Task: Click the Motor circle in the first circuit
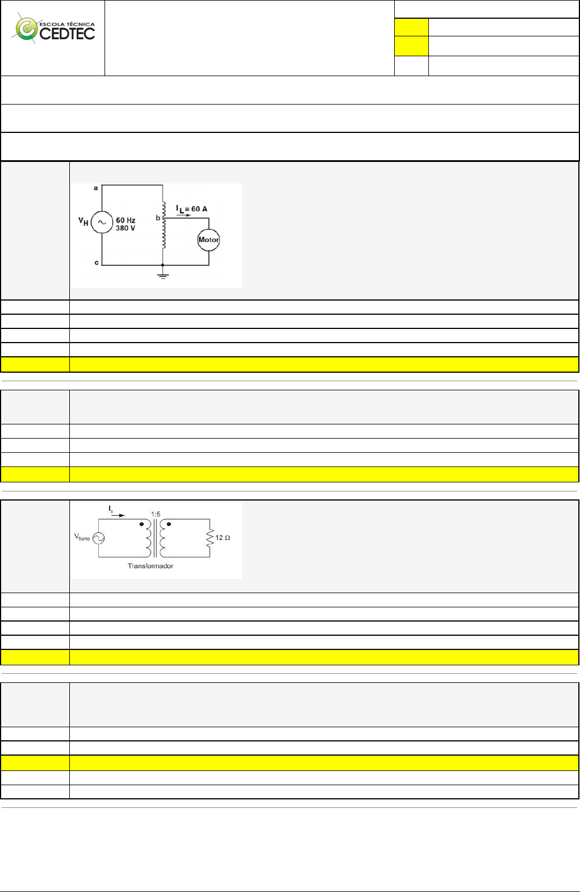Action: tap(208, 240)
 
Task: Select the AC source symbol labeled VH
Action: tap(102, 223)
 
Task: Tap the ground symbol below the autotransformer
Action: tap(162, 276)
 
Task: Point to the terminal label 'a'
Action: tap(95, 187)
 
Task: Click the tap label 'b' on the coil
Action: tap(158, 218)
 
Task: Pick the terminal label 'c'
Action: tap(96, 262)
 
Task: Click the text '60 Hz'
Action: tap(126, 220)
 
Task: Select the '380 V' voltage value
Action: tap(126, 228)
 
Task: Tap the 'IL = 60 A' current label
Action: tap(191, 209)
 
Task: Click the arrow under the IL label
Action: tap(183, 215)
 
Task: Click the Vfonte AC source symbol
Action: tap(98, 538)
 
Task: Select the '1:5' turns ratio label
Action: tap(156, 514)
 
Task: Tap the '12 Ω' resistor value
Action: tap(223, 537)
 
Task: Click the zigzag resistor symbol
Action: tap(210, 537)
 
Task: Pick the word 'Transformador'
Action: tap(150, 566)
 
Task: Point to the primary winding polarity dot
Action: tap(141, 524)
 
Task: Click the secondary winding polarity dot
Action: tap(169, 524)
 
